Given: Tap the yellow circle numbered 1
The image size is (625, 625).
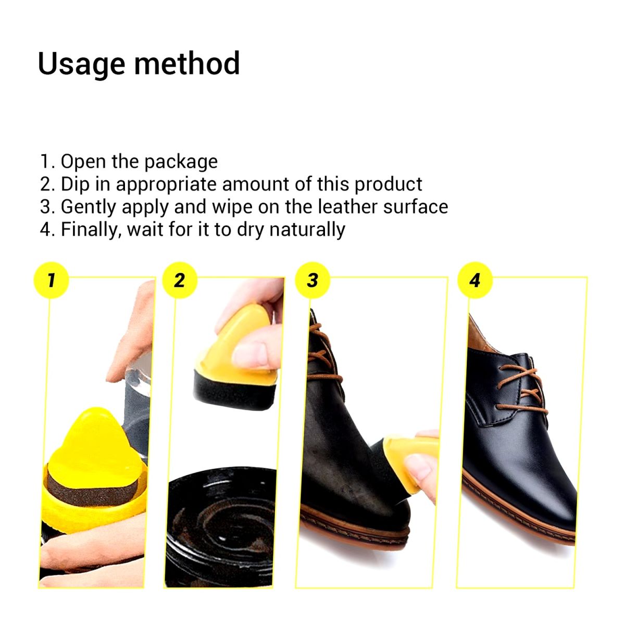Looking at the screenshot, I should tap(51, 281).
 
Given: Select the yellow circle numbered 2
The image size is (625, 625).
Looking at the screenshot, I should tap(180, 281).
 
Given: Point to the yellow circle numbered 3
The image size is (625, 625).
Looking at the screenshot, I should tap(312, 281).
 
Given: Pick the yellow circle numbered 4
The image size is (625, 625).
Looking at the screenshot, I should tap(474, 281).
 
